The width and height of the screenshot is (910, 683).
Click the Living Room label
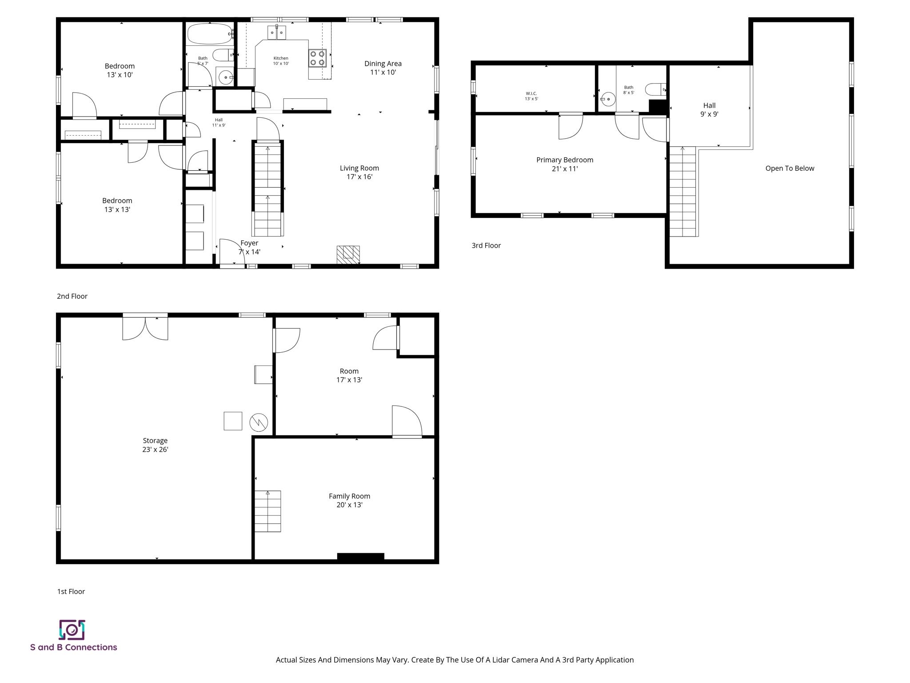coord(359,172)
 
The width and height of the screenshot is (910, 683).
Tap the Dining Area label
coord(383,68)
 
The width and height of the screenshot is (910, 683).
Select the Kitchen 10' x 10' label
coord(281,61)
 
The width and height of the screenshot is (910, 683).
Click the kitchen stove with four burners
coord(317,58)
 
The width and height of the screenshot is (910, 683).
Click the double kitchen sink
coord(277,32)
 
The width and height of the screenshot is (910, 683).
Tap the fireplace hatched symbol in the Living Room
coord(348,255)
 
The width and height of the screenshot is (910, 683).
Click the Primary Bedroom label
coord(564,164)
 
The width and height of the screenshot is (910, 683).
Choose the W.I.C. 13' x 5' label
coord(531,96)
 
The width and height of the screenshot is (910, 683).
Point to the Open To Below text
coord(790,168)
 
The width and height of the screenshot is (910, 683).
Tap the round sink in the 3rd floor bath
coord(608,99)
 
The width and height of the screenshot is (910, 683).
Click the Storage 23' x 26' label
coord(155,445)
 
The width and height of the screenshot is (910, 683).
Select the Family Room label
coord(349,500)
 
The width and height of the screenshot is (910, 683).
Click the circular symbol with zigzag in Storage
coord(259,422)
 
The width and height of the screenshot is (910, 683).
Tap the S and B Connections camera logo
coord(72,630)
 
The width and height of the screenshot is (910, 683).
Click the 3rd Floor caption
coord(486,245)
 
